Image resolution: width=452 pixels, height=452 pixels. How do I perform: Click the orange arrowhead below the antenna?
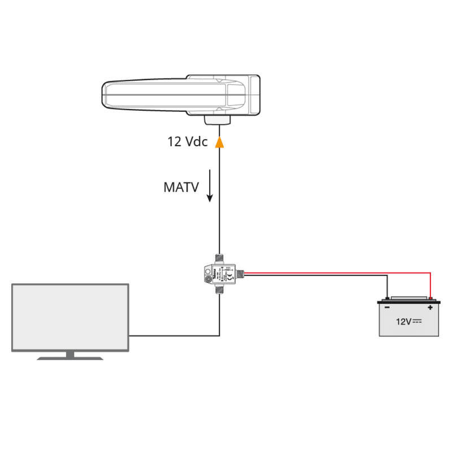click(220, 143)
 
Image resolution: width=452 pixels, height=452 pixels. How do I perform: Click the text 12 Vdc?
click(188, 142)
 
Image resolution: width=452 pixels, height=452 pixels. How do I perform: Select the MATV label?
click(181, 187)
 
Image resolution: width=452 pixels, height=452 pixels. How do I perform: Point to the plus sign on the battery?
click(430, 308)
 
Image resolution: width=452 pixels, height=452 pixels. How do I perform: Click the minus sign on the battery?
click(387, 308)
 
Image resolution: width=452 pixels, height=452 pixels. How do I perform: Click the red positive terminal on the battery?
click(431, 298)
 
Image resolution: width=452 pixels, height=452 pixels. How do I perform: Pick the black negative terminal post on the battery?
click(387, 298)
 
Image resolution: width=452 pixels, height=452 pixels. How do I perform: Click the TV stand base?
click(70, 357)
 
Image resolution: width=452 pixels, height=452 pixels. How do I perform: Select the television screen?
click(70, 317)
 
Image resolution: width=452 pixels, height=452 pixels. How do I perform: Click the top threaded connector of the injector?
click(220, 258)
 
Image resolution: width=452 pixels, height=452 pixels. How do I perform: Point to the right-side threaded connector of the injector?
click(240, 274)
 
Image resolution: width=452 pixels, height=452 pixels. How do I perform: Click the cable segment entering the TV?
click(169, 336)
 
